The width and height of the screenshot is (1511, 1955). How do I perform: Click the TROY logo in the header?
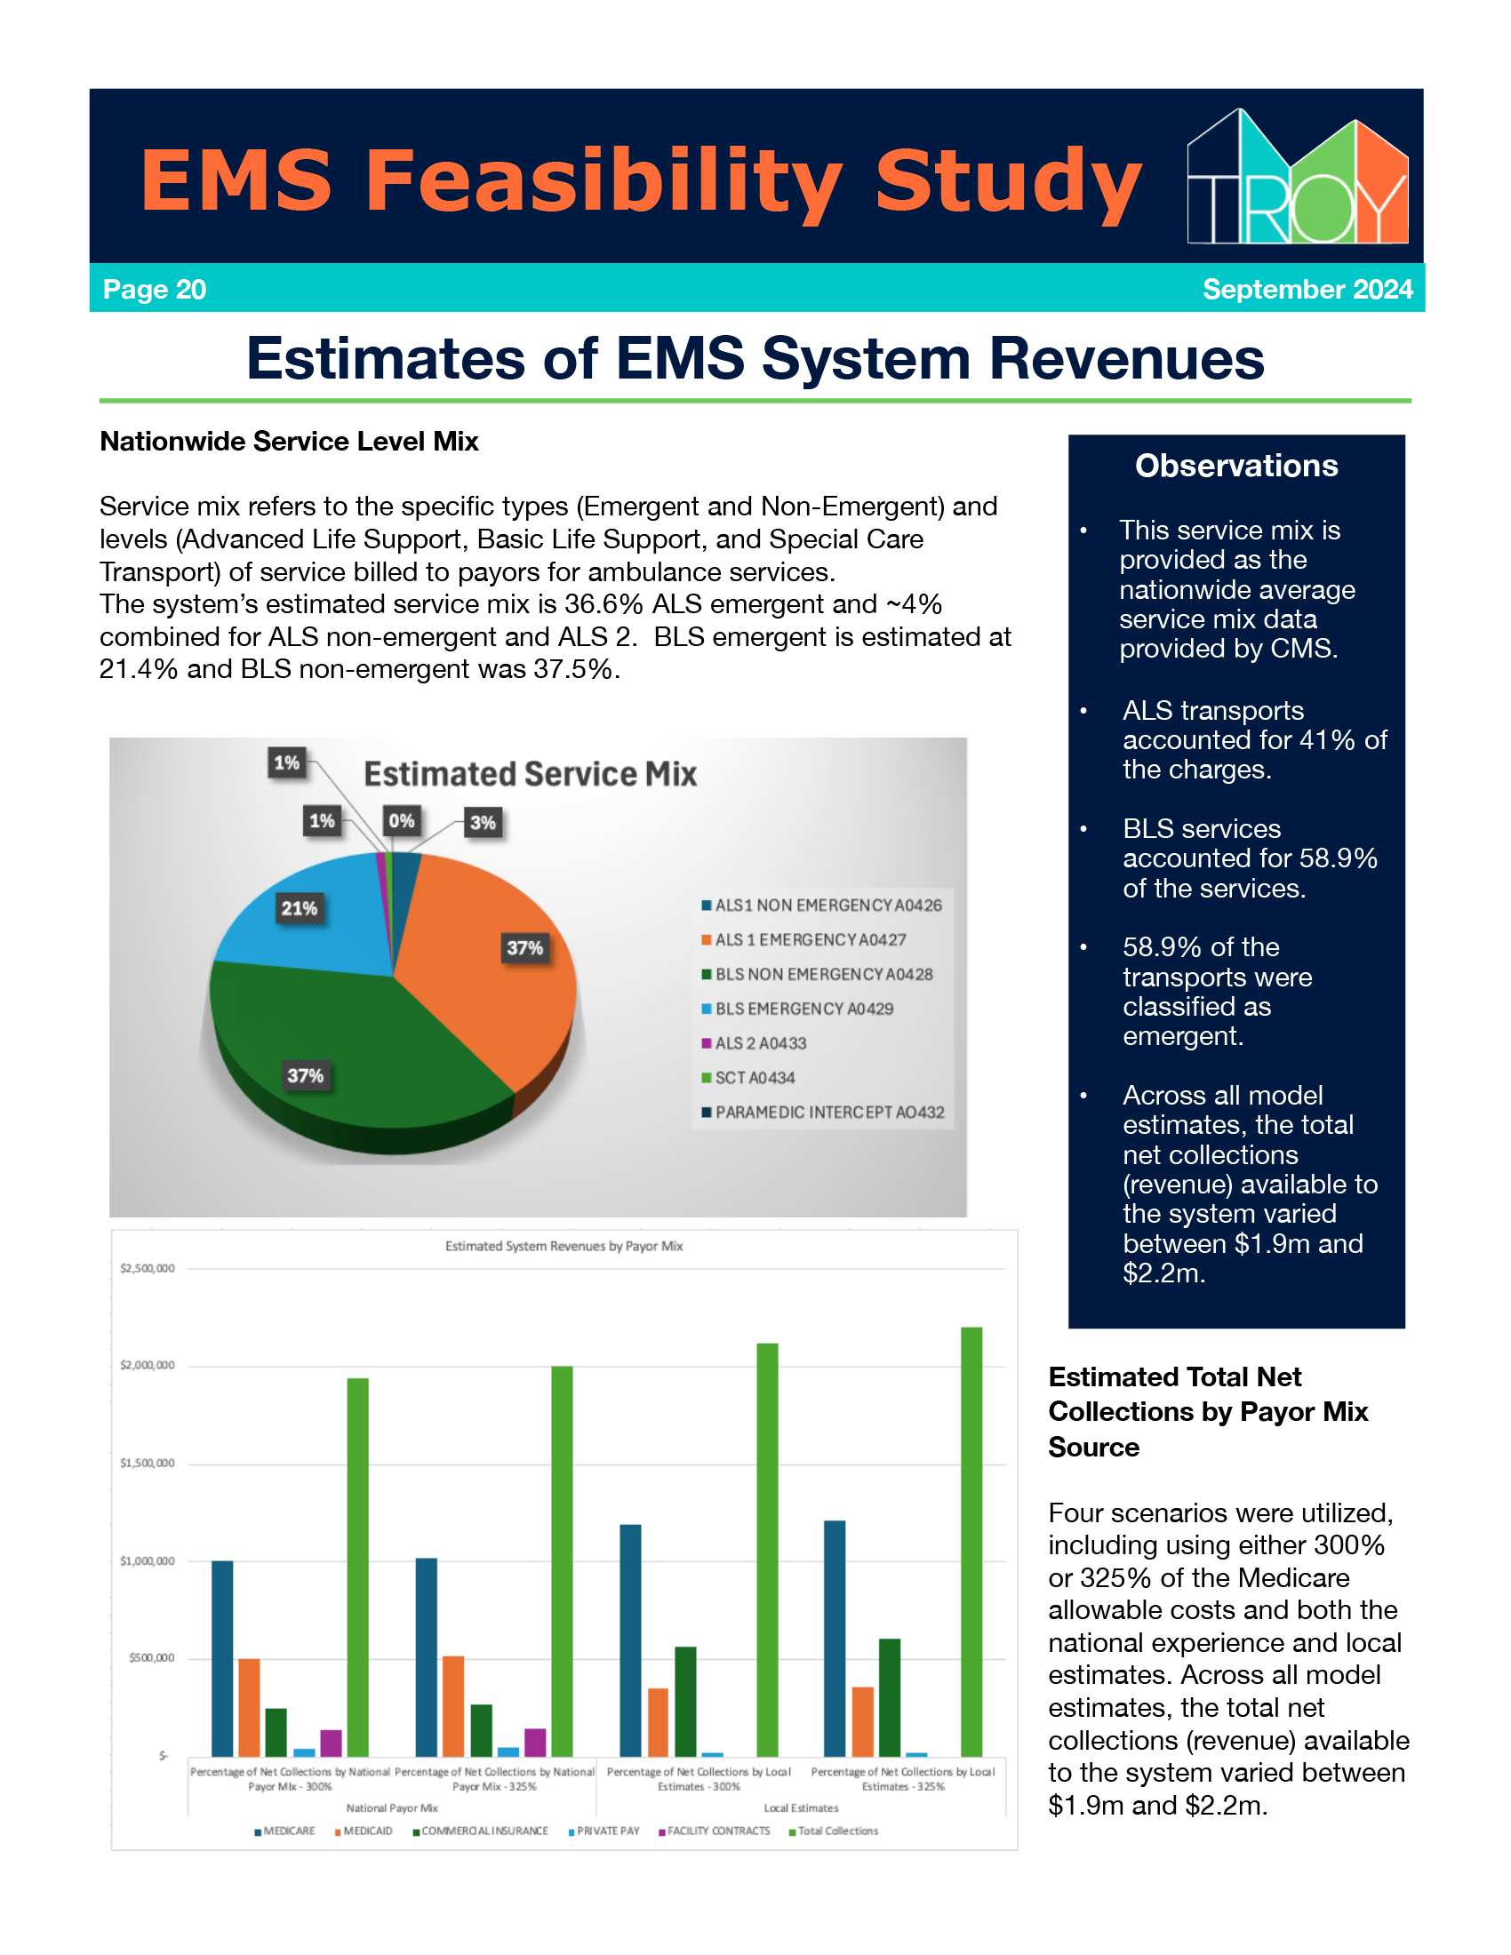1297,176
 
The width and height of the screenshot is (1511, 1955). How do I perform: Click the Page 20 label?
155,289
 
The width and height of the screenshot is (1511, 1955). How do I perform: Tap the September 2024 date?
1307,289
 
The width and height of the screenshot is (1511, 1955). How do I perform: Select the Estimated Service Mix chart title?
530,774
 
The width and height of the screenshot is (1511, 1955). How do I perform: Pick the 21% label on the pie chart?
299,908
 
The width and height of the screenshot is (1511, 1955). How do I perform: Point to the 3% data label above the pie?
483,823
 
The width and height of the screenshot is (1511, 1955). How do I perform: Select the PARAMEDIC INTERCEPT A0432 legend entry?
824,1113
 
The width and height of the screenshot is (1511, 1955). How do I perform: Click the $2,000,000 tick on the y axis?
148,1365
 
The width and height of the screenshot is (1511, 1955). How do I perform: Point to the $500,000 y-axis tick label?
151,1658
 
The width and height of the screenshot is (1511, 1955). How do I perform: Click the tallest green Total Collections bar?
971,1541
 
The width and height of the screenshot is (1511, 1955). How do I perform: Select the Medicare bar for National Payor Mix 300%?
222,1658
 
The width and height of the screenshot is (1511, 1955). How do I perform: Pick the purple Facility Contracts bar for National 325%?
535,1742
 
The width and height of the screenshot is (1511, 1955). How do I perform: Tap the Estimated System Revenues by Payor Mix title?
564,1246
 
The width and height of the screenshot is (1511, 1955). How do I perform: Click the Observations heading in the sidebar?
1236,466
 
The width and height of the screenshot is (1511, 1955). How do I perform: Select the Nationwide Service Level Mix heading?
289,442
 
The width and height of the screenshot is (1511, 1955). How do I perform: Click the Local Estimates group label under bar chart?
801,1807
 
